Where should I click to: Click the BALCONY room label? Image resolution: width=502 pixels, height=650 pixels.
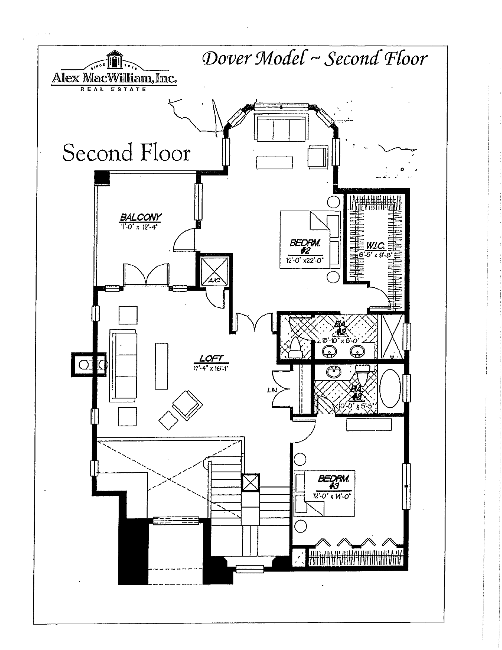click(141, 217)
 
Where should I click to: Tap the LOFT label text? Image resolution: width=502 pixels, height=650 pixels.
click(211, 358)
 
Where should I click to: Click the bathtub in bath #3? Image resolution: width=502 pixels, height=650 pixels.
click(390, 388)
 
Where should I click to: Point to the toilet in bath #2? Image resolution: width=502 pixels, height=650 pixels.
click(295, 348)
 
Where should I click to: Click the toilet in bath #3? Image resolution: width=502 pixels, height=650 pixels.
click(363, 374)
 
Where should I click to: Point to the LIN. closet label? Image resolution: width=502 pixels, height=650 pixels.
click(272, 390)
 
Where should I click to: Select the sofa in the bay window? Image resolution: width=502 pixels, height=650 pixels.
click(281, 128)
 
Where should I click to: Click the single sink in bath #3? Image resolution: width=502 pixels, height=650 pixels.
click(334, 373)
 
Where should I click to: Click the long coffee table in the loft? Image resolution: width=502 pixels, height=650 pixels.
click(161, 366)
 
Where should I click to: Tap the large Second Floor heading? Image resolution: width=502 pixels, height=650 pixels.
click(126, 153)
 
